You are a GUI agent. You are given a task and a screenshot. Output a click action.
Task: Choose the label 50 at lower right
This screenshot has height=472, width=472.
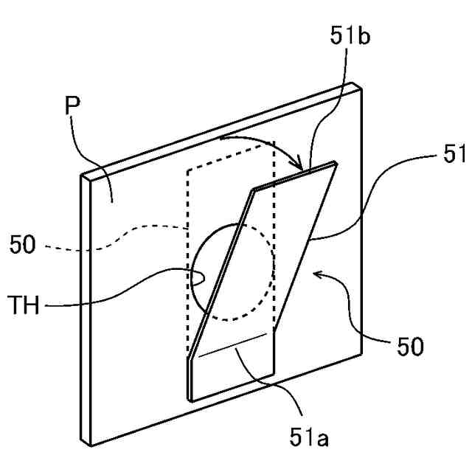406,347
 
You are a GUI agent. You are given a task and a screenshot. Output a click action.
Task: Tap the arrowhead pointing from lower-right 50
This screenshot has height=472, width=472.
317,274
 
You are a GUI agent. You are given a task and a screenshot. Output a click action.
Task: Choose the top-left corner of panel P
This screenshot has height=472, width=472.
83,176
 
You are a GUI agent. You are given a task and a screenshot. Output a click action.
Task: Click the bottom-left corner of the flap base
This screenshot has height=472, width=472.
190,400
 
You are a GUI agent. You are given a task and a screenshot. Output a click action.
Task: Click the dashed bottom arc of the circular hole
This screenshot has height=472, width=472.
236,319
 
